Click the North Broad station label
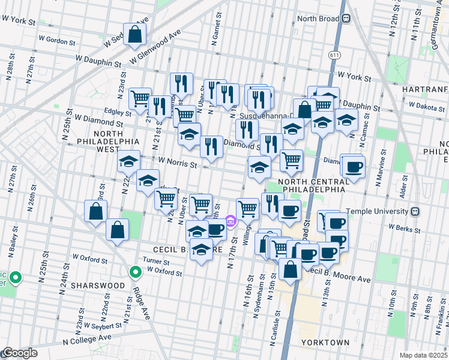(318, 19)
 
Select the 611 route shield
(333, 55)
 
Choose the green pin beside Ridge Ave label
(136, 272)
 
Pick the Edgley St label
(118, 112)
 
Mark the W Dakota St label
(425, 107)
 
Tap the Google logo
(19, 353)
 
